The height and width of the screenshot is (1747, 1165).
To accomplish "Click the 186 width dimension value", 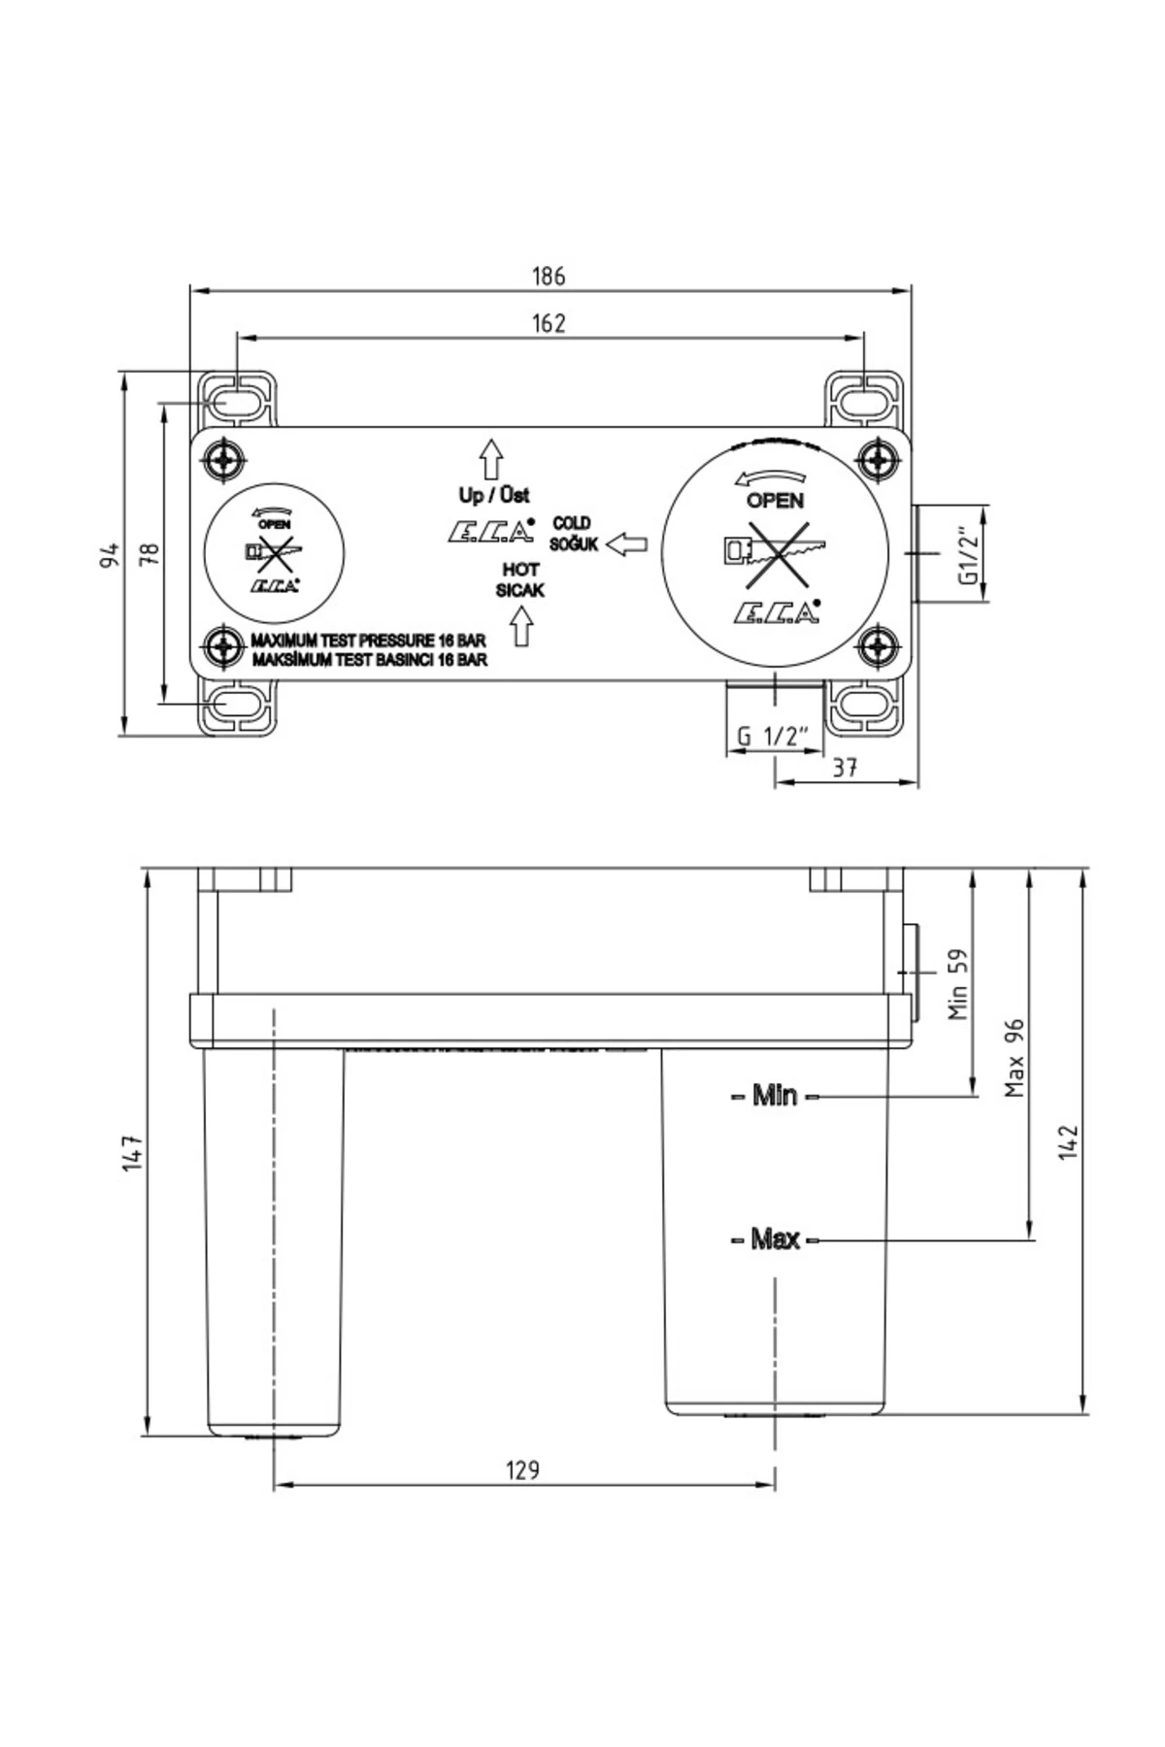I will (549, 276).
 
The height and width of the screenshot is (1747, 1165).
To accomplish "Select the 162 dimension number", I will (549, 323).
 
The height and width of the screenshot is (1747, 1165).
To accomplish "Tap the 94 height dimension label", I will (111, 555).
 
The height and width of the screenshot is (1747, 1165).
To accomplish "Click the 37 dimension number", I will (846, 767).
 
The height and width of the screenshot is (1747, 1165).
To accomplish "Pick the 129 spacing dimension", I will (522, 1469).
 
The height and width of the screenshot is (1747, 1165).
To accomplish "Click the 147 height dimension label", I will (133, 1152).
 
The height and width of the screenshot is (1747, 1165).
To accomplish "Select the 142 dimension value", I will (1069, 1142).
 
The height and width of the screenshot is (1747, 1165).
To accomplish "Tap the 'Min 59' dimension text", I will (959, 983).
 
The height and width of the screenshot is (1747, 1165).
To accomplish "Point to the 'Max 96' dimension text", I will (1015, 1058).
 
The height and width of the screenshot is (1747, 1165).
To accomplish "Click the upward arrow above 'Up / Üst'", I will (491, 458).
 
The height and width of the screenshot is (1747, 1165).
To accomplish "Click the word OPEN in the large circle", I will (775, 501).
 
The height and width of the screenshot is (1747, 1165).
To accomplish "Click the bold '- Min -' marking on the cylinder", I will (775, 1096).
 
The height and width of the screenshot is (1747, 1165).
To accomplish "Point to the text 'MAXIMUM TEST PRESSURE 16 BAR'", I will (368, 641).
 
